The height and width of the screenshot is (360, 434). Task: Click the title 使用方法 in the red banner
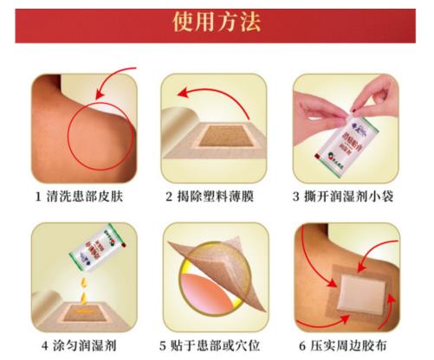216,23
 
